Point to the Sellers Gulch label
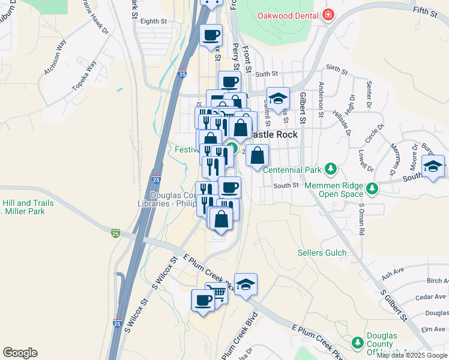point(322,253)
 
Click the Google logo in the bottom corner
point(20,353)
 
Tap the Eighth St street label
point(154,21)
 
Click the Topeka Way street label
point(84,76)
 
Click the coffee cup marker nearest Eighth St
point(211,35)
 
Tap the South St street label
point(286,185)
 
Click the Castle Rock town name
point(273,134)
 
